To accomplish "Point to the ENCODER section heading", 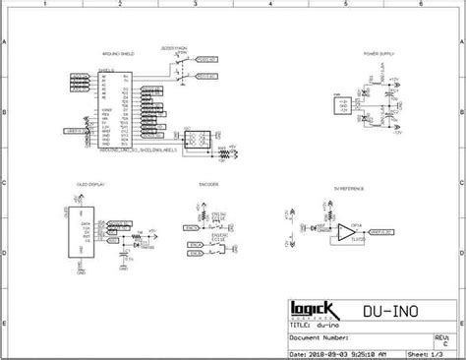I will (207, 184).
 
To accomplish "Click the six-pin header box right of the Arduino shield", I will (195, 138).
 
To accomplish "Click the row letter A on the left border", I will (4, 44).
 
